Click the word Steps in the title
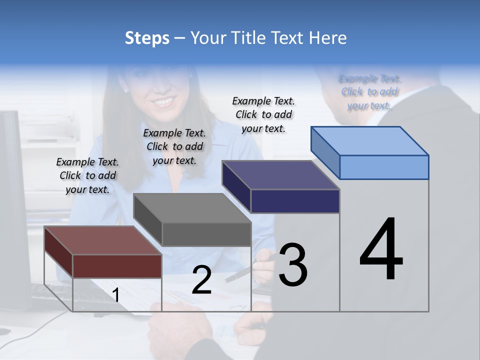point(147,38)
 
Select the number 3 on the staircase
point(292,265)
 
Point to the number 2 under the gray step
point(201,280)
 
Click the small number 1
point(115,295)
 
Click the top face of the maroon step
point(102,240)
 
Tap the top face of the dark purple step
point(280,175)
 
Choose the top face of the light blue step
point(369,141)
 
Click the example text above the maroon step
point(87,175)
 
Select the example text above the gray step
point(174,146)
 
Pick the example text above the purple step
point(263,114)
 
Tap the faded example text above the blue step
point(369,92)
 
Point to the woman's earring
point(125,90)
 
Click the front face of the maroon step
point(117,266)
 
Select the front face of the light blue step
point(384,167)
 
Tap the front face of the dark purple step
point(295,201)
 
